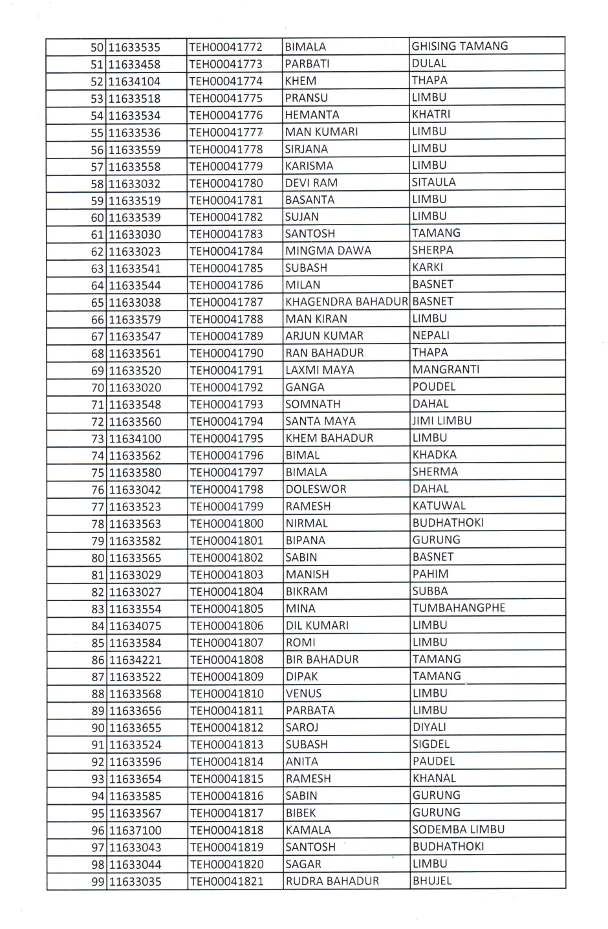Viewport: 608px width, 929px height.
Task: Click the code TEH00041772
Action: coord(226,47)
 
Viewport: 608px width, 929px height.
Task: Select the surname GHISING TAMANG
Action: coord(460,46)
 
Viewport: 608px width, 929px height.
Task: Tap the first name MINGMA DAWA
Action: coord(328,251)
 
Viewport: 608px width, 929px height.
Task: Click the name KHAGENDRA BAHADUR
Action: coord(346,302)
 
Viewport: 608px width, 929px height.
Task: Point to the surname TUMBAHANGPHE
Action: coord(459,608)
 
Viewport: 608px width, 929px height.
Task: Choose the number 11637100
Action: coord(135,830)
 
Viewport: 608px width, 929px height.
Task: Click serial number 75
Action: coord(98,473)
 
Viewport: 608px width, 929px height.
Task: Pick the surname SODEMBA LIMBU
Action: coord(458,829)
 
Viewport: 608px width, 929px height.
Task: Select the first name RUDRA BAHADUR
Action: coord(332,880)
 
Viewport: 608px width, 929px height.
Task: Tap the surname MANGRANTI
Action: coord(446,369)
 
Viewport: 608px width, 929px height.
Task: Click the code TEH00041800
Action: coord(226,523)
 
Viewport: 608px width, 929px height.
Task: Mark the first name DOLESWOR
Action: coord(316,489)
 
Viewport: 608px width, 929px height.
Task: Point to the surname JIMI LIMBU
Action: coord(442,421)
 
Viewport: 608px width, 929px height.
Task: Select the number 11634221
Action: coord(135,660)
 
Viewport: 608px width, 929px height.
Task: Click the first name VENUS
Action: coord(303,694)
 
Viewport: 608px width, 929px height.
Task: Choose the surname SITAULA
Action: coord(433,182)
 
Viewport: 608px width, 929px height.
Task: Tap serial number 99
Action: coord(98,882)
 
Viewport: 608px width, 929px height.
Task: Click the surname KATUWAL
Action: coord(439,506)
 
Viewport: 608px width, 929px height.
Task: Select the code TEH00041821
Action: coord(226,881)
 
